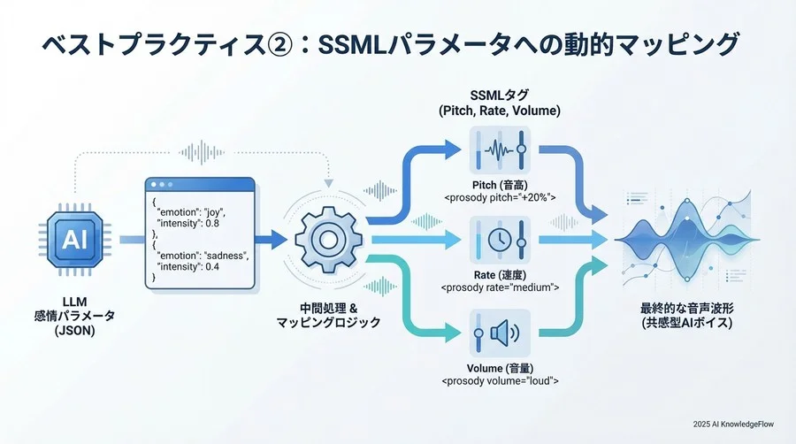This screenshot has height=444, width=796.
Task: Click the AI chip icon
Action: pyautogui.click(x=72, y=237)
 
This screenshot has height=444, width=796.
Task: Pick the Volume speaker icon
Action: pyautogui.click(x=500, y=333)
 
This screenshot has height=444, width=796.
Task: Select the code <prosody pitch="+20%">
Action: pyautogui.click(x=500, y=197)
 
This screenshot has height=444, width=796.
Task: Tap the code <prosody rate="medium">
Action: pyautogui.click(x=500, y=287)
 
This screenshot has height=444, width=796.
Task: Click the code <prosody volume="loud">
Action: pyautogui.click(x=500, y=380)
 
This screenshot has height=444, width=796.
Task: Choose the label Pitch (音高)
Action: pyautogui.click(x=500, y=185)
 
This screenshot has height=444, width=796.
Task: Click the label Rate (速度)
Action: pyautogui.click(x=500, y=275)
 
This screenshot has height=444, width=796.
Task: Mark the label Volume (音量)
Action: pyautogui.click(x=500, y=368)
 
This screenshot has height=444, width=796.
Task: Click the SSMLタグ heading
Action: pyautogui.click(x=500, y=95)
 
